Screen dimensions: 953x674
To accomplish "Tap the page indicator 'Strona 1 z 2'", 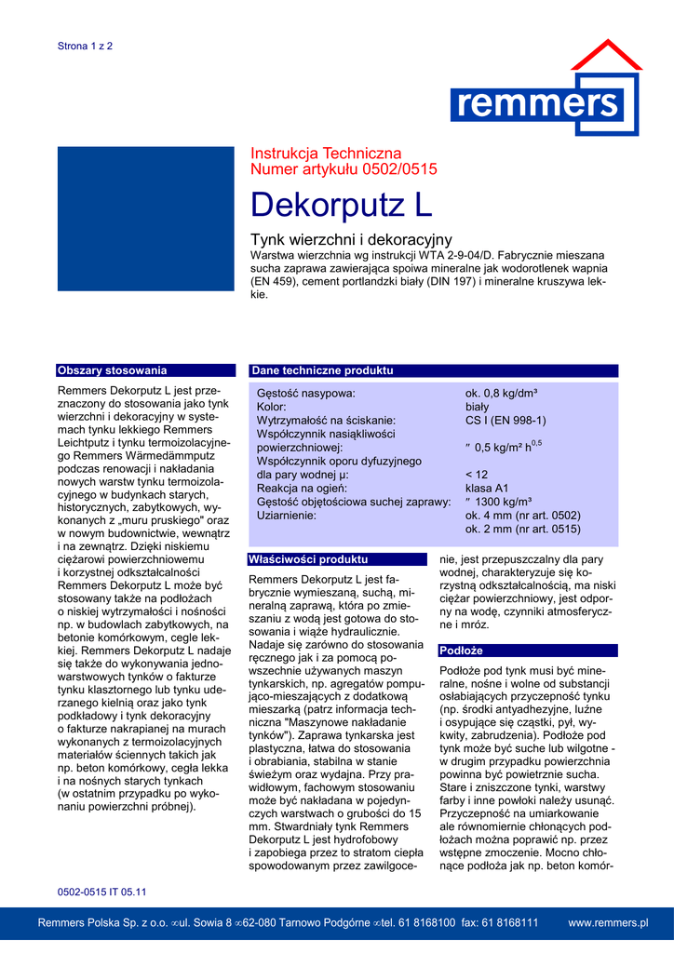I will pyautogui.click(x=85, y=46).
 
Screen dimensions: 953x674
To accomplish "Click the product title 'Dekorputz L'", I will pyautogui.click(x=342, y=205).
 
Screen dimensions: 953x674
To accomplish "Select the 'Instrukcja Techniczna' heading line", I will pyautogui.click(x=326, y=154).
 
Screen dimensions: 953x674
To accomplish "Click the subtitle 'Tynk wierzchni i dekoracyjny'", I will pyautogui.click(x=351, y=240).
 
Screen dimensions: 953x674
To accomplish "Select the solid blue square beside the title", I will pyautogui.click(x=146, y=220).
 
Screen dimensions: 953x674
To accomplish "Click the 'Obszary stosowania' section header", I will pyautogui.click(x=113, y=370).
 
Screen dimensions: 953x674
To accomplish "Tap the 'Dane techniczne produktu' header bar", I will pyautogui.click(x=322, y=370).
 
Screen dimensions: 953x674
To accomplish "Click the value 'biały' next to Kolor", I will pyautogui.click(x=477, y=408).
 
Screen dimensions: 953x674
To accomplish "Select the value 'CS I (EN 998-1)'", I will pyautogui.click(x=505, y=421).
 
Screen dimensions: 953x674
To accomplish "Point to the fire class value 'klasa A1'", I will pyautogui.click(x=487, y=488).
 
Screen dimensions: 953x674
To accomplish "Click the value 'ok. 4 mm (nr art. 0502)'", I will pyautogui.click(x=522, y=516).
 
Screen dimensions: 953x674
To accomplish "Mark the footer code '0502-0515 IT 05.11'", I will pyautogui.click(x=102, y=893).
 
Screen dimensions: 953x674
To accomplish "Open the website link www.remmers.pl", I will pyautogui.click(x=608, y=922).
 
